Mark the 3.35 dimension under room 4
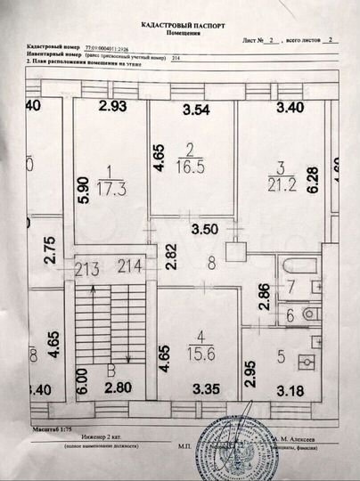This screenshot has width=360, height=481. pyautogui.click(x=205, y=387)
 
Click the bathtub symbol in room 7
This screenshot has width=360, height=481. pyautogui.click(x=293, y=266)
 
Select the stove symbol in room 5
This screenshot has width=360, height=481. pyautogui.click(x=305, y=363)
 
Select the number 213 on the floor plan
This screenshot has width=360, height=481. pyautogui.click(x=87, y=264)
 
